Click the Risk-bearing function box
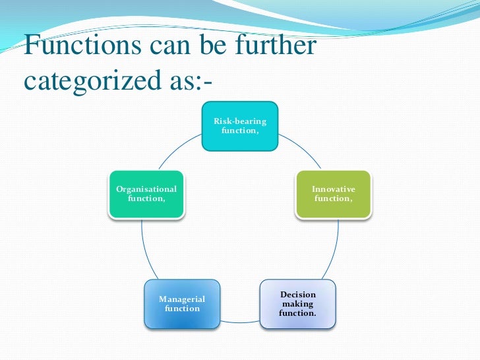[x=239, y=126]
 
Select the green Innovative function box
[x=333, y=194]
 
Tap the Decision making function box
[x=297, y=304]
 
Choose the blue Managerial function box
[x=181, y=304]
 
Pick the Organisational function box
[x=146, y=194]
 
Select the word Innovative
[x=334, y=189]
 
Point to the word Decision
[x=298, y=295]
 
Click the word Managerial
[x=182, y=299]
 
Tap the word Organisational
[x=146, y=189]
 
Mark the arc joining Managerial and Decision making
[x=239, y=322]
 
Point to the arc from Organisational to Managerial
[x=147, y=251]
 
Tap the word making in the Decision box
[x=298, y=304]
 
